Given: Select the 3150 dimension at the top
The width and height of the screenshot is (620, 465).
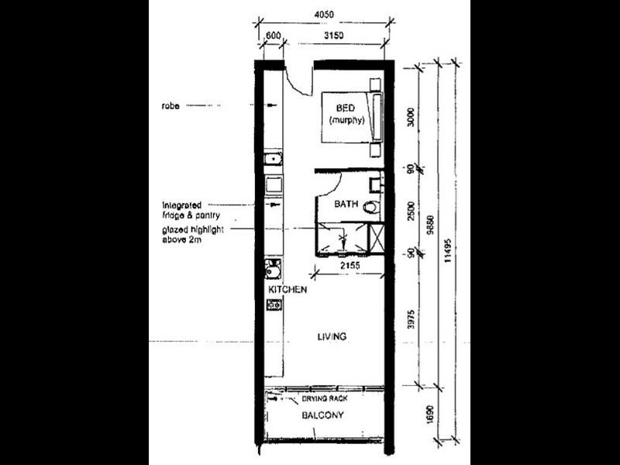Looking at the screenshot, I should click(x=334, y=35).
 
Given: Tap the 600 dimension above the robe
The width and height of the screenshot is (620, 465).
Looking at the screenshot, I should click(x=272, y=35).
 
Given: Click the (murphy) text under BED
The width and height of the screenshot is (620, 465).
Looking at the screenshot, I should click(x=346, y=119).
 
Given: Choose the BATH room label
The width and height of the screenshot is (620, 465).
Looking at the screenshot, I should click(x=345, y=205).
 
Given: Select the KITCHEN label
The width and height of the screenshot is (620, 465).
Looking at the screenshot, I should click(x=288, y=290).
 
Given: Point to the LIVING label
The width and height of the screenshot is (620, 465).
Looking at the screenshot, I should click(x=331, y=336).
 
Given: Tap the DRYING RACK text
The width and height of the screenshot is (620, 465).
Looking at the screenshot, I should click(x=326, y=398).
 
